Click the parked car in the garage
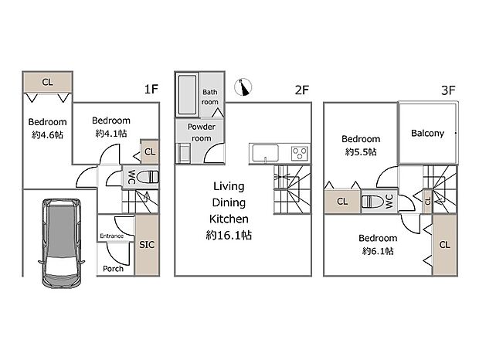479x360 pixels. [61, 243]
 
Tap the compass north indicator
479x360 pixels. [243, 87]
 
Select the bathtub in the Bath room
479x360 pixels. [187, 95]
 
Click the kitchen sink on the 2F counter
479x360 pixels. [264, 153]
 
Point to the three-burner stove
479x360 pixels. [300, 153]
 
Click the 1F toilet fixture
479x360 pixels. [148, 177]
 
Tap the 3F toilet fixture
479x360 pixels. [372, 202]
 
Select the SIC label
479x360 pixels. [147, 245]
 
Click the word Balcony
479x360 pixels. [427, 133]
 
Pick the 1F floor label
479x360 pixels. [151, 89]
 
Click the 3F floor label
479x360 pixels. [448, 90]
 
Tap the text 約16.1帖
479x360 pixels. [229, 235]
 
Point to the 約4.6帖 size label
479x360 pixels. [47, 134]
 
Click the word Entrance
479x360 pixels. [112, 236]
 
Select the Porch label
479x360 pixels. [113, 269]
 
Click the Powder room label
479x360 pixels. [202, 132]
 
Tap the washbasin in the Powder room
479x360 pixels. [184, 153]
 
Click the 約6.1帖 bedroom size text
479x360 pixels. [378, 251]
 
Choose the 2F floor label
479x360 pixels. [302, 90]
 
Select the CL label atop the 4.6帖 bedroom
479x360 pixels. [47, 82]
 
